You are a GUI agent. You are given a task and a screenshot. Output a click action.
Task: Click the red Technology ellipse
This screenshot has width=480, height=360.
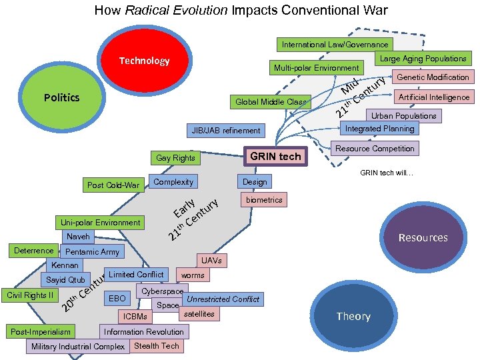144,61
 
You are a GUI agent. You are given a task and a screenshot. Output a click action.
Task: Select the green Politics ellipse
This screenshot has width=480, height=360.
61,97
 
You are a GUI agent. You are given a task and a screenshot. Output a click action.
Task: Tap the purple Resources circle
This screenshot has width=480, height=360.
423,237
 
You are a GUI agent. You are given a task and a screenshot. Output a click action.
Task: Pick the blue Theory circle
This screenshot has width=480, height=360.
353,316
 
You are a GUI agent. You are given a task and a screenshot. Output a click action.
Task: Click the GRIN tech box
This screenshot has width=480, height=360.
275,156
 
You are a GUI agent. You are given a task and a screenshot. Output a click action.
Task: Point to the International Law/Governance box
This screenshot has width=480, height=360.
335,45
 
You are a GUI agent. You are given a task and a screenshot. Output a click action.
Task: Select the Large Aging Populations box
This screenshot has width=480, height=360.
423,59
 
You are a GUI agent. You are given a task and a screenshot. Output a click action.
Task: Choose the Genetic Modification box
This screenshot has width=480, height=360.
433,77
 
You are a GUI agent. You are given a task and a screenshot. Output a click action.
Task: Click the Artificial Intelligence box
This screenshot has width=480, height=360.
433,97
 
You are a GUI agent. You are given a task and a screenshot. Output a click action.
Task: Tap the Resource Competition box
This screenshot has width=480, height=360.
375,148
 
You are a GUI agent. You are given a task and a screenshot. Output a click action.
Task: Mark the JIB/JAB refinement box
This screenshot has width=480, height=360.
226,130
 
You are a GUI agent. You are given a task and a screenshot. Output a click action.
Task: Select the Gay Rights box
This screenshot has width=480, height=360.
175,158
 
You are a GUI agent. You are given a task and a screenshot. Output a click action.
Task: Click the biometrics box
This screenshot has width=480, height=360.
264,199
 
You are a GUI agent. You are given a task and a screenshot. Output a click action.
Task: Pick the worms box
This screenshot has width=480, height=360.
193,275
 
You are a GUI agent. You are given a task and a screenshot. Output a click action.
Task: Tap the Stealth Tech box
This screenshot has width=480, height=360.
156,346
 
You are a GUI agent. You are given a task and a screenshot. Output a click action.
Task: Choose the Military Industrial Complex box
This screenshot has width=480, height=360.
78,347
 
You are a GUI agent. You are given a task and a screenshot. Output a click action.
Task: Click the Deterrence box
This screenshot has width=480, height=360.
33,251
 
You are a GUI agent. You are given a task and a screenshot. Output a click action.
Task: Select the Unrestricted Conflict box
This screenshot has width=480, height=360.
223,299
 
